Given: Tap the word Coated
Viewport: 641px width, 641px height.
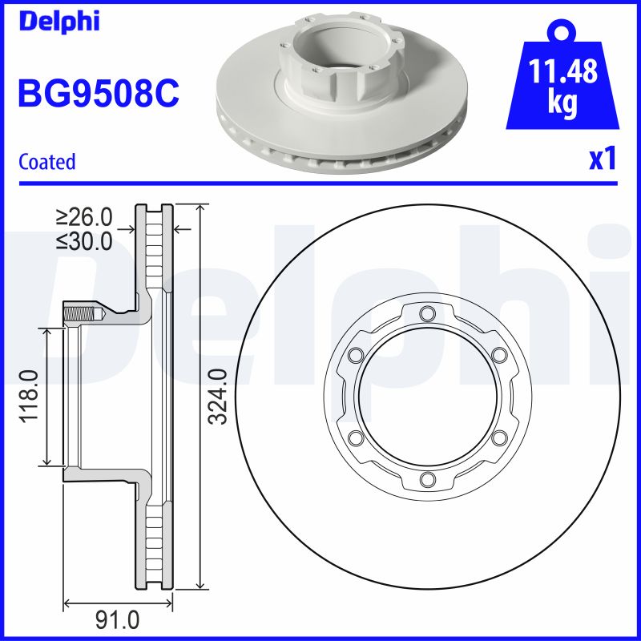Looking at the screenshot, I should click(46, 162).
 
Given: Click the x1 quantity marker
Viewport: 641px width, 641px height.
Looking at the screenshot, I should click(603, 159).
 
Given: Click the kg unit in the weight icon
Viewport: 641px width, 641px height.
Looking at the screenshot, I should click(563, 105).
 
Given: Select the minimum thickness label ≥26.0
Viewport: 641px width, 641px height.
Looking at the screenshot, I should click(83, 217).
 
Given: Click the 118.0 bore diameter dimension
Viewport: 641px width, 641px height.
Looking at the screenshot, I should click(30, 396).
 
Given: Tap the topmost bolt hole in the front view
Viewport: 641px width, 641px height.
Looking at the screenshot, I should click(426, 312).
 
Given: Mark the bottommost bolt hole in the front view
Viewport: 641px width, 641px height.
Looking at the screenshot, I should click(426, 479).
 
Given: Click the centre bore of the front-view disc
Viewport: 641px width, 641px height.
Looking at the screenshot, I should click(426, 396).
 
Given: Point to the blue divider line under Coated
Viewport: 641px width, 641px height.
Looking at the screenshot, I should click(320, 183).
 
